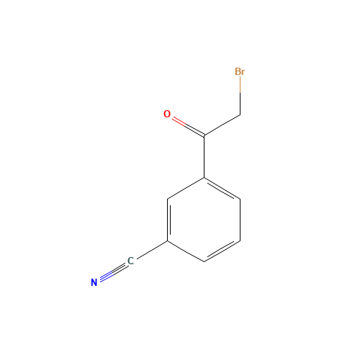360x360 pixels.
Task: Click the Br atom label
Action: click(x=240, y=72)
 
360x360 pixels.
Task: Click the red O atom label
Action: click(x=167, y=114)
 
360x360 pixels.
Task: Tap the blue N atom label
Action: click(x=94, y=282)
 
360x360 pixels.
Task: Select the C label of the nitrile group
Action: click(x=130, y=261)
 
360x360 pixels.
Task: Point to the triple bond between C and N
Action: click(x=112, y=272)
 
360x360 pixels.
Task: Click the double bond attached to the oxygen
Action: click(x=186, y=125)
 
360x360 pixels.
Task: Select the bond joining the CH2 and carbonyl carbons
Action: click(x=222, y=125)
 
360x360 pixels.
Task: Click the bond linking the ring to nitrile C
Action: click(x=149, y=251)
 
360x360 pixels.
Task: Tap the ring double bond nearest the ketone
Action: click(x=222, y=188)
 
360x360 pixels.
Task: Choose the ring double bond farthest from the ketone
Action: click(x=222, y=250)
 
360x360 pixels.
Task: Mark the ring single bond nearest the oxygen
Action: click(x=186, y=188)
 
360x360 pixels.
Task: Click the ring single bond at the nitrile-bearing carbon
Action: click(x=186, y=250)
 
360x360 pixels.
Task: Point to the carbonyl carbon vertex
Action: click(x=204, y=136)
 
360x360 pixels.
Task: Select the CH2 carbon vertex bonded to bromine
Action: click(x=240, y=115)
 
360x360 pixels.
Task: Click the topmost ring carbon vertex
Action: click(x=204, y=177)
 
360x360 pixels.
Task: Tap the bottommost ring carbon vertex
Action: click(x=204, y=261)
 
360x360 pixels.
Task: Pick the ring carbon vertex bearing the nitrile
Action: click(x=168, y=240)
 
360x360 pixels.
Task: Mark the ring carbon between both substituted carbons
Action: click(x=168, y=198)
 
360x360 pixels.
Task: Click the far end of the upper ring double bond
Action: click(x=240, y=198)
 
